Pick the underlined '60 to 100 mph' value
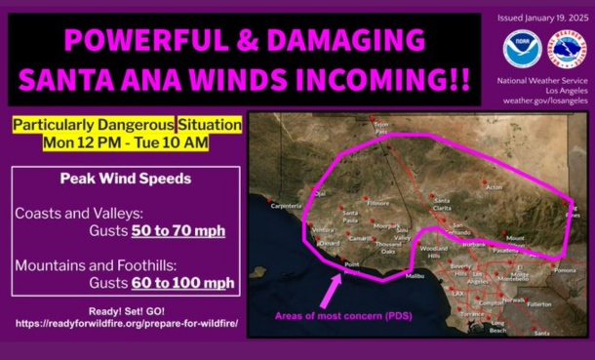coord(183,283)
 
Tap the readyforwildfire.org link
coord(125,322)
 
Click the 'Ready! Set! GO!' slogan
coord(125,310)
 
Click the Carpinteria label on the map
coord(289,206)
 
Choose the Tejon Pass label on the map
coord(381,126)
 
